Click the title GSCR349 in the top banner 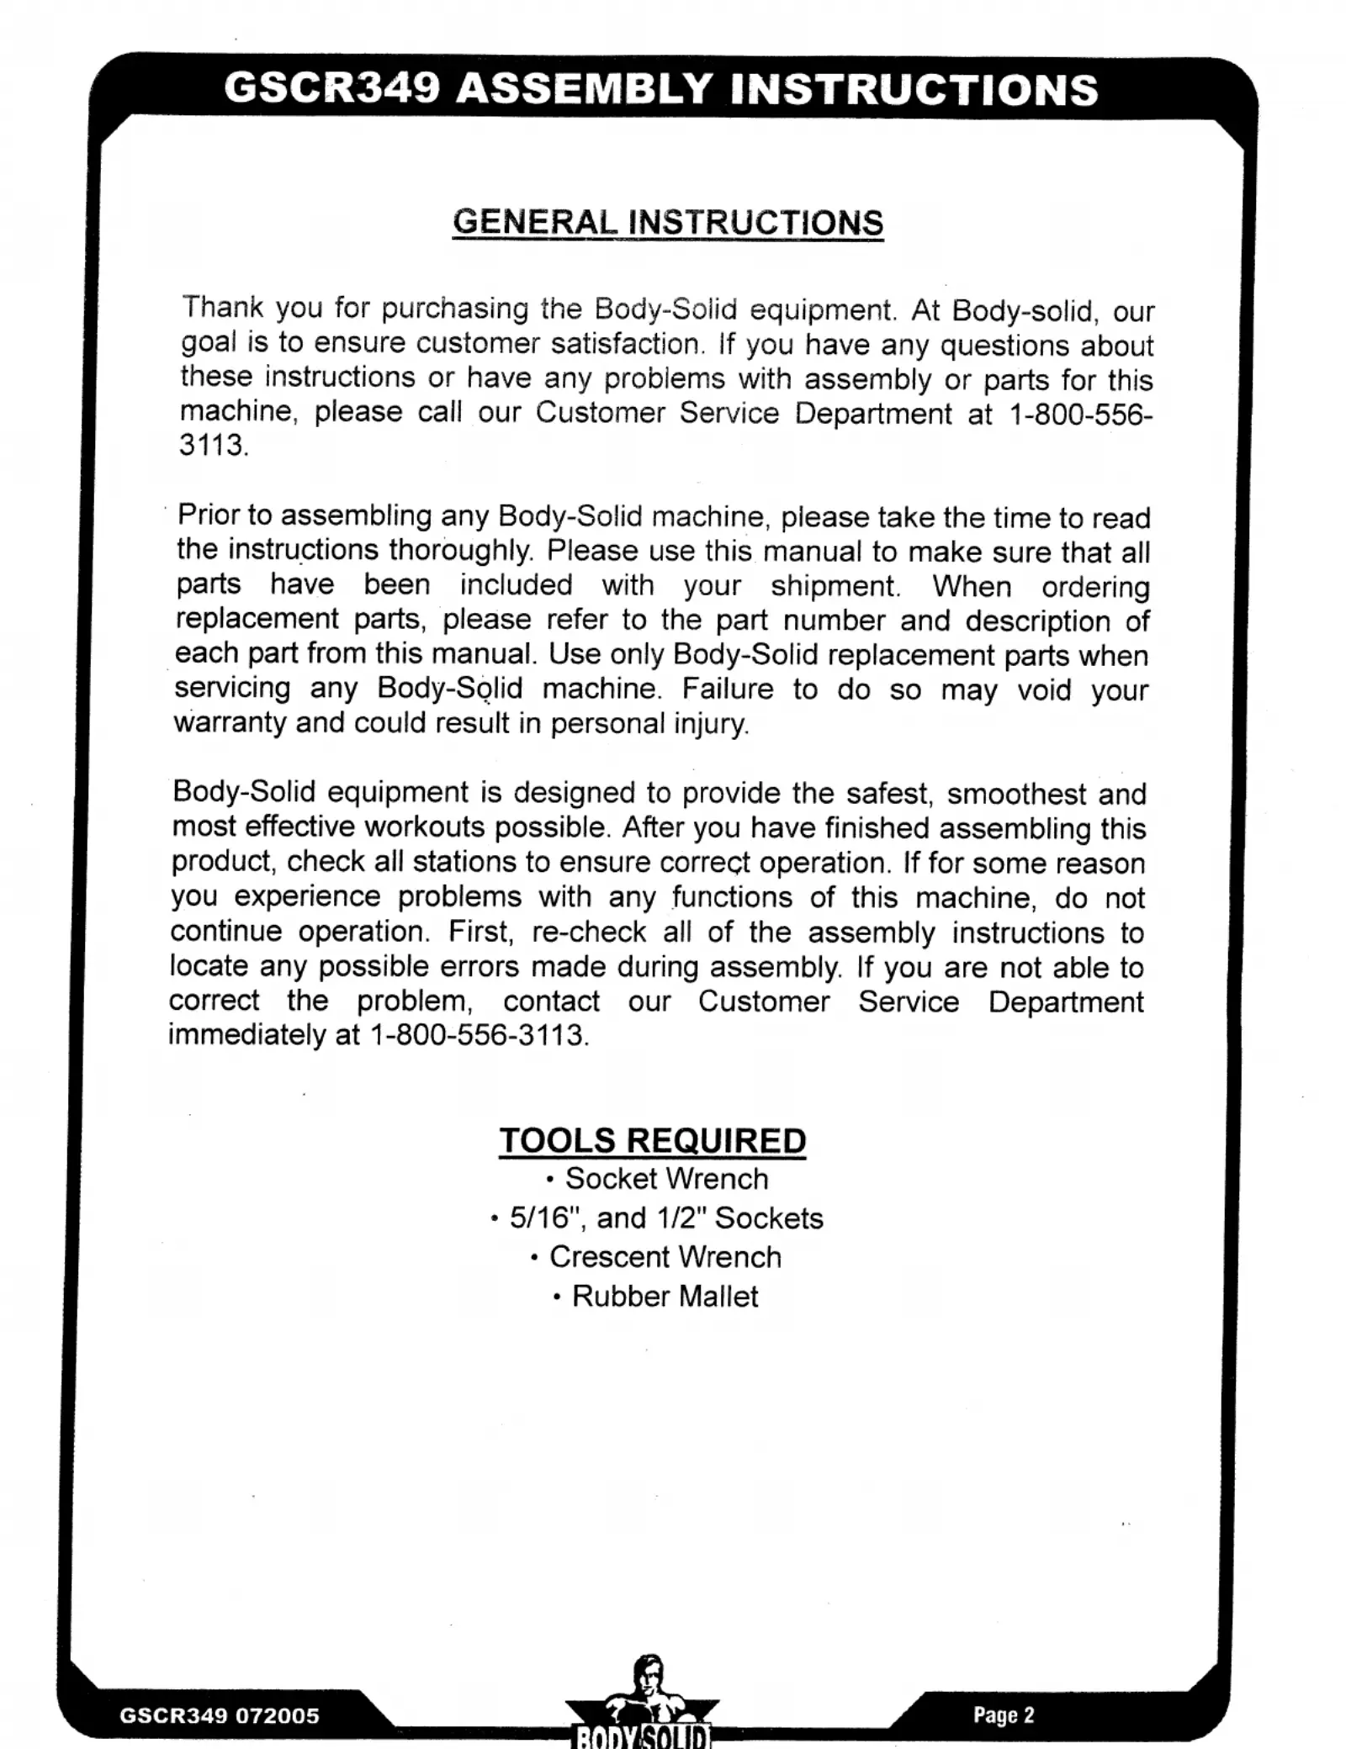(x=332, y=88)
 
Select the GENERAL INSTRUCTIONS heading (x=667, y=222)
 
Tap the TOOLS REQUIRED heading (x=652, y=1140)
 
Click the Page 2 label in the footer (x=1004, y=1715)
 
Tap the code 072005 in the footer (x=277, y=1715)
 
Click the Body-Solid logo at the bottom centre (x=642, y=1707)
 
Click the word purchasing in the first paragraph (x=455, y=309)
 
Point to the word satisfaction (x=627, y=344)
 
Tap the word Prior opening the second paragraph (x=210, y=515)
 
